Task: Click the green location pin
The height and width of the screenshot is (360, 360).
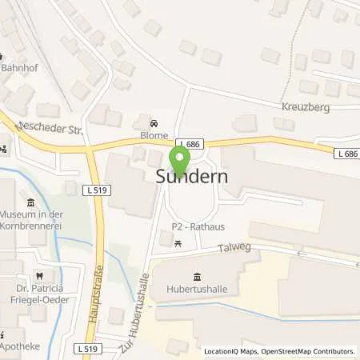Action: [x=178, y=158]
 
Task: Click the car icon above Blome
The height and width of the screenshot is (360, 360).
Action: [x=154, y=123]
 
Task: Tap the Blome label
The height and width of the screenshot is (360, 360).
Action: [x=154, y=135]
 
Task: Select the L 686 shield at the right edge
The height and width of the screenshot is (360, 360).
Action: [x=346, y=152]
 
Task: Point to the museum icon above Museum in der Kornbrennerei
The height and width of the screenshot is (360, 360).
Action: [x=30, y=202]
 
